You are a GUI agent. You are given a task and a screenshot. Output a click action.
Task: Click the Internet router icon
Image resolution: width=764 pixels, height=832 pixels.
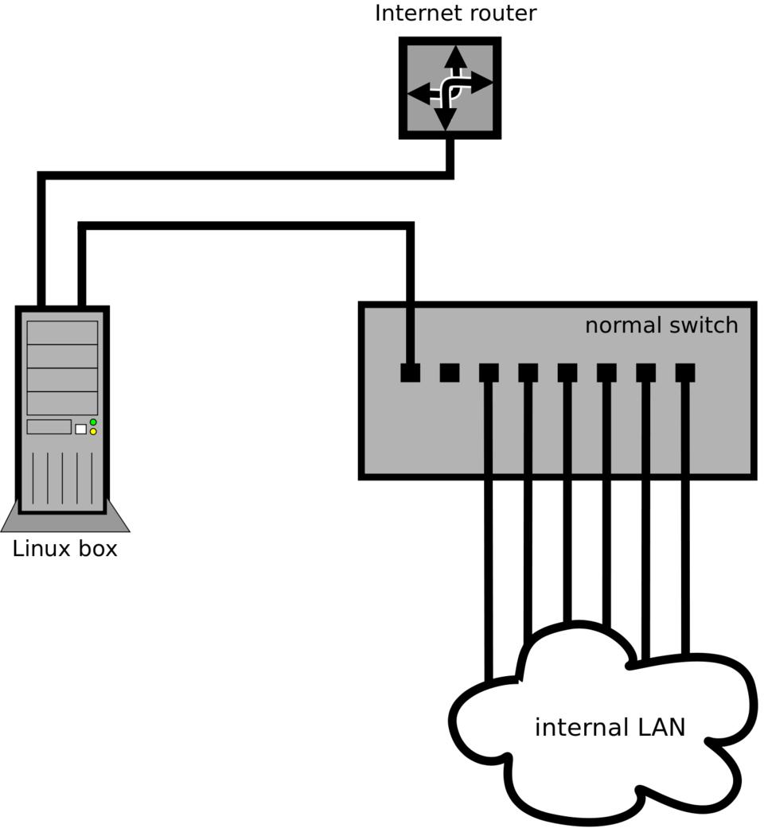(x=450, y=87)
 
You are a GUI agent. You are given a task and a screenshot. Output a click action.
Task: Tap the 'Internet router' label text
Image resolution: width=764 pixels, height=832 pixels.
(x=455, y=14)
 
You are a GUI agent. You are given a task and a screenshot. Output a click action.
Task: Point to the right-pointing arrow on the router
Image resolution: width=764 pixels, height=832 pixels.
(x=481, y=81)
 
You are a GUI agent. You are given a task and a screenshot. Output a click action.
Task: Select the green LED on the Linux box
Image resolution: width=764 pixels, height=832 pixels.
(x=93, y=422)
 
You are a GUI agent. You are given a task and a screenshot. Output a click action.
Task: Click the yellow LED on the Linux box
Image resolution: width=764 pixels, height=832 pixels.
(x=93, y=432)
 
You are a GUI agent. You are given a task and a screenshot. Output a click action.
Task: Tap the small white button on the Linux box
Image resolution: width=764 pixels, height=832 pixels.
(x=80, y=429)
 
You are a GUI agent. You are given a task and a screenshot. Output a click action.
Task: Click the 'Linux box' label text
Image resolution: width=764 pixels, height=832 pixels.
(x=65, y=549)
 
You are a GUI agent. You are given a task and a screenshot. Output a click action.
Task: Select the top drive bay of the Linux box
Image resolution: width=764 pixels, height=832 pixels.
(x=62, y=332)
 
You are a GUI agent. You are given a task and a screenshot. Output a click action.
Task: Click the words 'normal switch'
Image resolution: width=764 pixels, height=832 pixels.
(x=661, y=325)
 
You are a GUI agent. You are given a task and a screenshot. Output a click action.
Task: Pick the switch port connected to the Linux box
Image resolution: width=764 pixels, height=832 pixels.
(x=410, y=372)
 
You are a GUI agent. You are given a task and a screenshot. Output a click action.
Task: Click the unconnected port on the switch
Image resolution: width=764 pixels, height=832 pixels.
(x=450, y=372)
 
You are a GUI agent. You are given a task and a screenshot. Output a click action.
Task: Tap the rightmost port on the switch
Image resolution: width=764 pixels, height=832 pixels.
(x=685, y=372)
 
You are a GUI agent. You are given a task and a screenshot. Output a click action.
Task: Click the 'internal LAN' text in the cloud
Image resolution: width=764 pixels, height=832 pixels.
(x=610, y=727)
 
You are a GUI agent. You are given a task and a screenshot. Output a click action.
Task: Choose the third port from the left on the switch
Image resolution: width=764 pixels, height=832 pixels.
(x=489, y=372)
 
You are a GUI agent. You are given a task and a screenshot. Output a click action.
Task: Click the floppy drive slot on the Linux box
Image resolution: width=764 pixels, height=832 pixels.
(x=49, y=426)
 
